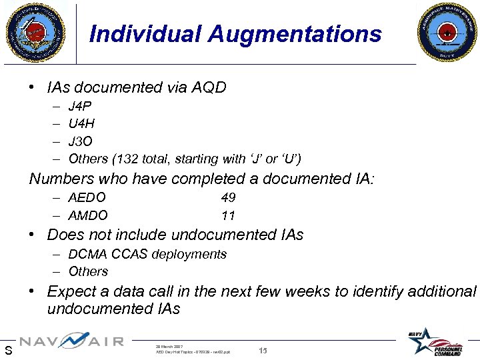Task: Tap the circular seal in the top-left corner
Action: tap(36, 31)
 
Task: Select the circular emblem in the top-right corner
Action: tap(447, 32)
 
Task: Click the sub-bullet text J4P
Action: tap(80, 106)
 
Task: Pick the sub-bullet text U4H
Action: tap(81, 123)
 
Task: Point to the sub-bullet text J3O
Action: tap(81, 141)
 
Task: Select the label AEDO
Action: tap(87, 197)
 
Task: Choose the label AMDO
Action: tap(88, 215)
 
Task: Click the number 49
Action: tap(229, 197)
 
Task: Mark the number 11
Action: tap(229, 215)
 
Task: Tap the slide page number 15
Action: tap(263, 350)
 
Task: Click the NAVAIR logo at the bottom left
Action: tap(71, 341)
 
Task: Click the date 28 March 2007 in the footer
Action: tap(169, 346)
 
